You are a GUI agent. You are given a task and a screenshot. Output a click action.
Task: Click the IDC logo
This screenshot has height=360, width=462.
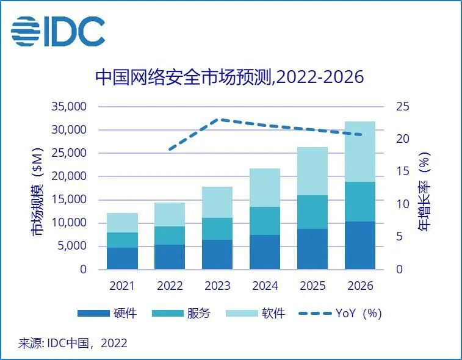point(58,31)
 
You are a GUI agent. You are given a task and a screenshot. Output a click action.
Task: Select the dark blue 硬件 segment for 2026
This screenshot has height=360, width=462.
point(360,245)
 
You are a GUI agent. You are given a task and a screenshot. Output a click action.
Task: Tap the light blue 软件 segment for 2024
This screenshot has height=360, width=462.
point(265,187)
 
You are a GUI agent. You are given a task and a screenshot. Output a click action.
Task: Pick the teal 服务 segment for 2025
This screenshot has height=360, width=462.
point(312,212)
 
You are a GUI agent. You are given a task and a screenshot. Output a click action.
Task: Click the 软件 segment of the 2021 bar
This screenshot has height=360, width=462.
point(122,223)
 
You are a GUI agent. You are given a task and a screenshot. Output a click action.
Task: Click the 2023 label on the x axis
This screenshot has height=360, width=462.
point(217,286)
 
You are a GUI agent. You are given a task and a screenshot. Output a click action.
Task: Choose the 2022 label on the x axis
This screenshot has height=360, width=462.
point(170,286)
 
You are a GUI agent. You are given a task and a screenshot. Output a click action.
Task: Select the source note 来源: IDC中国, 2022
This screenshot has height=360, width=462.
point(73,343)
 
